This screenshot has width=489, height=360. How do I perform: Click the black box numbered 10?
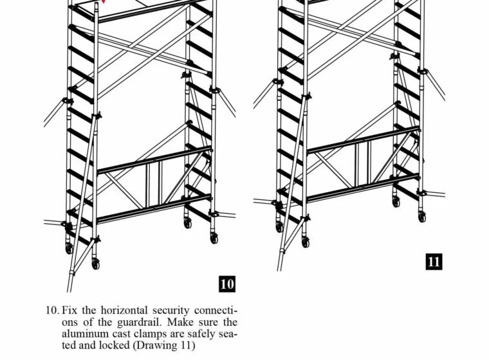click(227, 284)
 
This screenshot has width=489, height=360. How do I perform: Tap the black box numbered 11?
click(434, 262)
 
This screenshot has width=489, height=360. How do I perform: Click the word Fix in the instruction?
click(69, 310)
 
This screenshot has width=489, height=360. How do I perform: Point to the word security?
click(171, 311)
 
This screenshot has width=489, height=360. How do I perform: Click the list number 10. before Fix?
click(52, 310)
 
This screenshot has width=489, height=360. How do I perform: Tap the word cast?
click(122, 334)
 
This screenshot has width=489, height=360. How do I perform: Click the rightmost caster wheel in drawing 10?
click(214, 239)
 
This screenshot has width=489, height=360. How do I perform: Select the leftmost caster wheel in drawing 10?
click(69, 248)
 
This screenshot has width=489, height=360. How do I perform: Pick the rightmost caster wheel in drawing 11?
click(421, 217)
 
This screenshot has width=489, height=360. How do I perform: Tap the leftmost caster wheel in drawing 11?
click(279, 226)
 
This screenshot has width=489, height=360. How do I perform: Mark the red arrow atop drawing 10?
click(104, 1)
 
